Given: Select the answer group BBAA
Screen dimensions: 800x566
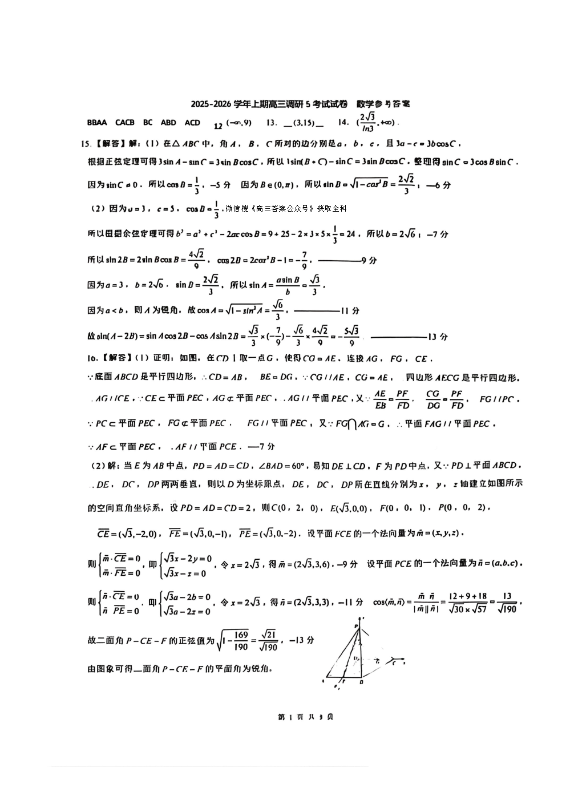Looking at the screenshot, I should point(97,123).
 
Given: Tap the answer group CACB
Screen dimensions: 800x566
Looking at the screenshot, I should point(125,123).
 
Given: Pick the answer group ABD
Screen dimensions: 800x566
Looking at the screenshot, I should point(168,123).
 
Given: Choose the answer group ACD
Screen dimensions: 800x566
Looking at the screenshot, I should point(193,123).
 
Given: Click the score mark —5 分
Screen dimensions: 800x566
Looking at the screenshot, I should point(221,185).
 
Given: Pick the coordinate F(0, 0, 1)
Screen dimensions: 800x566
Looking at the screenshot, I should point(402,508).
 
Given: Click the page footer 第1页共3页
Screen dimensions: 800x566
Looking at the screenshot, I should point(305,717).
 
